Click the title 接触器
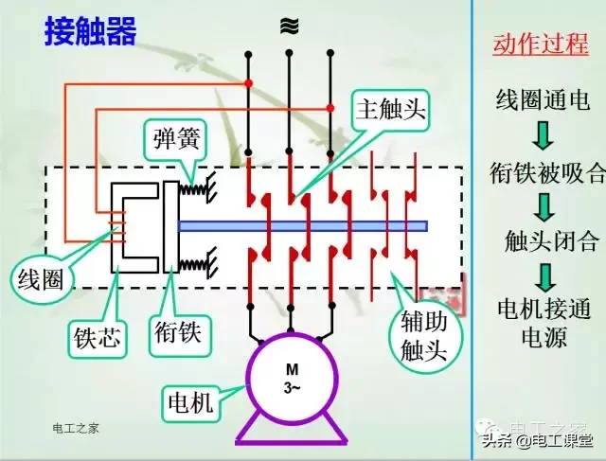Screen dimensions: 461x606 click(x=91, y=31)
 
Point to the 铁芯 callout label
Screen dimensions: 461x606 click(x=98, y=337)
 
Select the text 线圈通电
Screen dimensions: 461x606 click(x=542, y=97)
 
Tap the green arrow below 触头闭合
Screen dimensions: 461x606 click(x=542, y=275)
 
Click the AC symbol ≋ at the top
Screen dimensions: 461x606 click(x=286, y=26)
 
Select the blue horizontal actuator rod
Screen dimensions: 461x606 click(x=303, y=225)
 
